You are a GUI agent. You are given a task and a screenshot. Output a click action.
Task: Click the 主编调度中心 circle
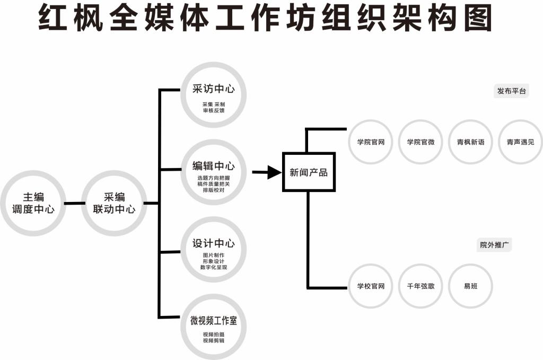point(33,203)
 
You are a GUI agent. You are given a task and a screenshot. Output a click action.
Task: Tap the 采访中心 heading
point(213,89)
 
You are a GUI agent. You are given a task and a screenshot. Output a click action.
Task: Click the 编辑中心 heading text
point(213,166)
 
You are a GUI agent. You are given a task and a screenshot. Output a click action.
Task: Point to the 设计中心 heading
point(213,244)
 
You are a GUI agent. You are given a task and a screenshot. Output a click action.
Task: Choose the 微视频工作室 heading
point(213,321)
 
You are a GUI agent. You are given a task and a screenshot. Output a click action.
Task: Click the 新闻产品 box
point(309,172)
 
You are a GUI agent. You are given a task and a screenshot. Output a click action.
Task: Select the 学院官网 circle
point(371,142)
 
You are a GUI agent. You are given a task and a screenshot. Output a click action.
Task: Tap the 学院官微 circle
point(421,142)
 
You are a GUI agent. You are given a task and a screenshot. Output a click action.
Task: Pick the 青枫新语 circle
point(470,142)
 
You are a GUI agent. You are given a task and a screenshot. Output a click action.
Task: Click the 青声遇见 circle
point(520,142)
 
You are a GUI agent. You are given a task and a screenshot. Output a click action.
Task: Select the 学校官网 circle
point(371,286)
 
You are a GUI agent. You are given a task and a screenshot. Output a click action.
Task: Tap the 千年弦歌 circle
point(421,286)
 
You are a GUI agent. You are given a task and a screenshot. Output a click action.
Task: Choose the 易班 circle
point(470,286)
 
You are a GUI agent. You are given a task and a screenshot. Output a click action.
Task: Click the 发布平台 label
point(512,91)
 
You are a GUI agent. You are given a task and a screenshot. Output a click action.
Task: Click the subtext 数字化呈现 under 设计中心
point(213,267)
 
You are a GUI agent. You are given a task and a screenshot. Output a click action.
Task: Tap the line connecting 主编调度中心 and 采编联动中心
point(74,203)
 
